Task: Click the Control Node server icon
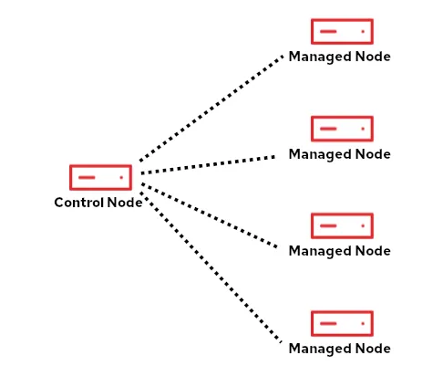pyautogui.click(x=100, y=177)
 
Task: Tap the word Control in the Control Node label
pyautogui.click(x=79, y=203)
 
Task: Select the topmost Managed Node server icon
pyautogui.click(x=342, y=31)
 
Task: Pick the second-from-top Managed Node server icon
pyautogui.click(x=342, y=129)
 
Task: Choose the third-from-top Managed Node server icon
pyautogui.click(x=342, y=225)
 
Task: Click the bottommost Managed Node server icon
pyautogui.click(x=342, y=323)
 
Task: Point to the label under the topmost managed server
pyautogui.click(x=339, y=57)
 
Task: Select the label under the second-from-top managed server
pyautogui.click(x=339, y=154)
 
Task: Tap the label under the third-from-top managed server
pyautogui.click(x=339, y=251)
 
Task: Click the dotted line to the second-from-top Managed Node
pyautogui.click(x=210, y=164)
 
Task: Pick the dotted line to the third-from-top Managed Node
pyautogui.click(x=210, y=215)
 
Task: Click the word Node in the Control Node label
pyautogui.click(x=125, y=203)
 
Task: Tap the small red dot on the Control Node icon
pyautogui.click(x=121, y=177)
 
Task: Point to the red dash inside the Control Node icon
pyautogui.click(x=88, y=177)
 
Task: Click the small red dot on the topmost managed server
pyautogui.click(x=363, y=31)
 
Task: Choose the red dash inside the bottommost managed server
pyautogui.click(x=329, y=323)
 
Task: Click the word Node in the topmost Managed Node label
pyautogui.click(x=374, y=57)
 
